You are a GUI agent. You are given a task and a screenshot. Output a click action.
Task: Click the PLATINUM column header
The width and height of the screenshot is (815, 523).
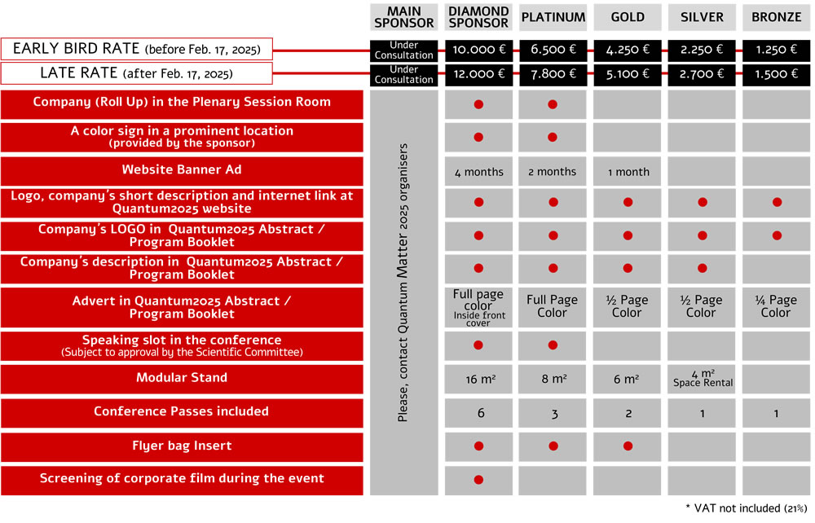[x=553, y=17]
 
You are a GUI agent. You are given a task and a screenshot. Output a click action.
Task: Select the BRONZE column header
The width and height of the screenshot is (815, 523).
[x=776, y=17]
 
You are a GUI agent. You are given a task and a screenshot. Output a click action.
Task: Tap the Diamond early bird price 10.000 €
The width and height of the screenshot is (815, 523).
[x=478, y=50]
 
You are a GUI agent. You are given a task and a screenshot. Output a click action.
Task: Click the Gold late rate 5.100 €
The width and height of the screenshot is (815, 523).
[x=628, y=74]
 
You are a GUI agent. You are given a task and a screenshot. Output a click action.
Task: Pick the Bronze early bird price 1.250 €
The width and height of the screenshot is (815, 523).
[x=776, y=50]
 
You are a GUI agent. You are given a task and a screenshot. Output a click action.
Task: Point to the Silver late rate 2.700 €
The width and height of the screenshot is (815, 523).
[x=702, y=74]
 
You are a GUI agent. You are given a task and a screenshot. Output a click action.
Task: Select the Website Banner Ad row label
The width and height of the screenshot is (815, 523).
[x=182, y=169]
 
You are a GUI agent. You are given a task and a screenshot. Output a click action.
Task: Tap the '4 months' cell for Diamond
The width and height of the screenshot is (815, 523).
[x=478, y=172]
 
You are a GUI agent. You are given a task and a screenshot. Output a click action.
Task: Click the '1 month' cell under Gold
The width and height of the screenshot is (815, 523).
[x=628, y=172]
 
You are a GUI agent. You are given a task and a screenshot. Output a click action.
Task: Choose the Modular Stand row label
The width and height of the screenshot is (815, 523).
[x=182, y=377]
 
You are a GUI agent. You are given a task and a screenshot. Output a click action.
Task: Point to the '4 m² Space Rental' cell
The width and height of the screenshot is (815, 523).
[x=703, y=379]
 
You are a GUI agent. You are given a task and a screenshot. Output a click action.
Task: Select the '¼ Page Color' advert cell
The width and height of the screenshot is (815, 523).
[x=776, y=306]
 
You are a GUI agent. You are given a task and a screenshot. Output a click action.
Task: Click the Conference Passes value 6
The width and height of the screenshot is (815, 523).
[x=481, y=413]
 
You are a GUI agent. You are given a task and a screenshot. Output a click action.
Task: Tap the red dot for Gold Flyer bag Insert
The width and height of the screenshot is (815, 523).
[x=628, y=446]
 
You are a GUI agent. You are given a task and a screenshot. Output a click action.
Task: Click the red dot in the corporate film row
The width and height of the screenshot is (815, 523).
[x=478, y=480]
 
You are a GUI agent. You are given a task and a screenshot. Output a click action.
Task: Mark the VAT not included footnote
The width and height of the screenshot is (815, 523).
[x=747, y=508]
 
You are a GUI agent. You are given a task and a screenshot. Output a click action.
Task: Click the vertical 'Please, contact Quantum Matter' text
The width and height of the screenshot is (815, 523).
[x=403, y=283]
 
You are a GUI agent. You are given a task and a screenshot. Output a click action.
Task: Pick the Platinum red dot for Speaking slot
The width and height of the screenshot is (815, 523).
[x=553, y=345]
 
